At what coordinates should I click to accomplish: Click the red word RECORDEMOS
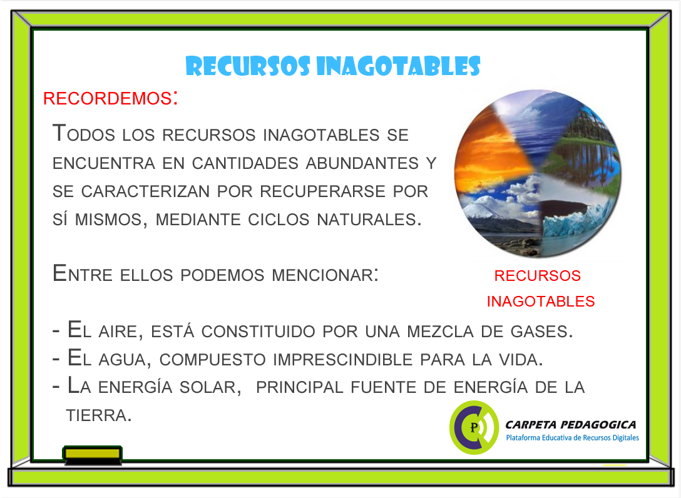[x=107, y=99]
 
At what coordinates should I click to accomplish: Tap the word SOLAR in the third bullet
[x=208, y=387]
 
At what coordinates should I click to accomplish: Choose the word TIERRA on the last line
[x=98, y=415]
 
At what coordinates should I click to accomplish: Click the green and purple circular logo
[x=474, y=427]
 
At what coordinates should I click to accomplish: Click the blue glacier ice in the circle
[x=573, y=219]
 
